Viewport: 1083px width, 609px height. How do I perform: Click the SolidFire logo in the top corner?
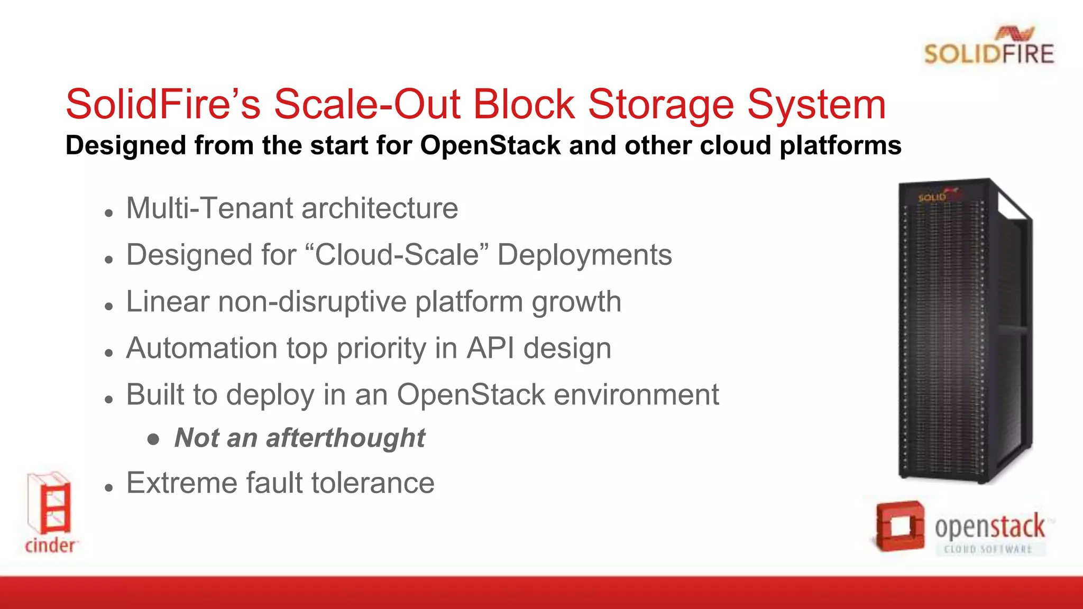[x=989, y=47]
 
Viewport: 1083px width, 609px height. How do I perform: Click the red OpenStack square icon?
[x=900, y=526]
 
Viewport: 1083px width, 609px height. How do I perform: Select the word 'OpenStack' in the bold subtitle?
[x=490, y=145]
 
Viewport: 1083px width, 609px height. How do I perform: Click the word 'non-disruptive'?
[x=312, y=302]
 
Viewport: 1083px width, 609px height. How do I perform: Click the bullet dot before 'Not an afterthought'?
[x=153, y=439]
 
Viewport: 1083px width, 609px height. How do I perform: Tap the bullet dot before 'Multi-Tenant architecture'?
[x=109, y=213]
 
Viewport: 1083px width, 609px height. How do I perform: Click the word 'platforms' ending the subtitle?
[x=840, y=145]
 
